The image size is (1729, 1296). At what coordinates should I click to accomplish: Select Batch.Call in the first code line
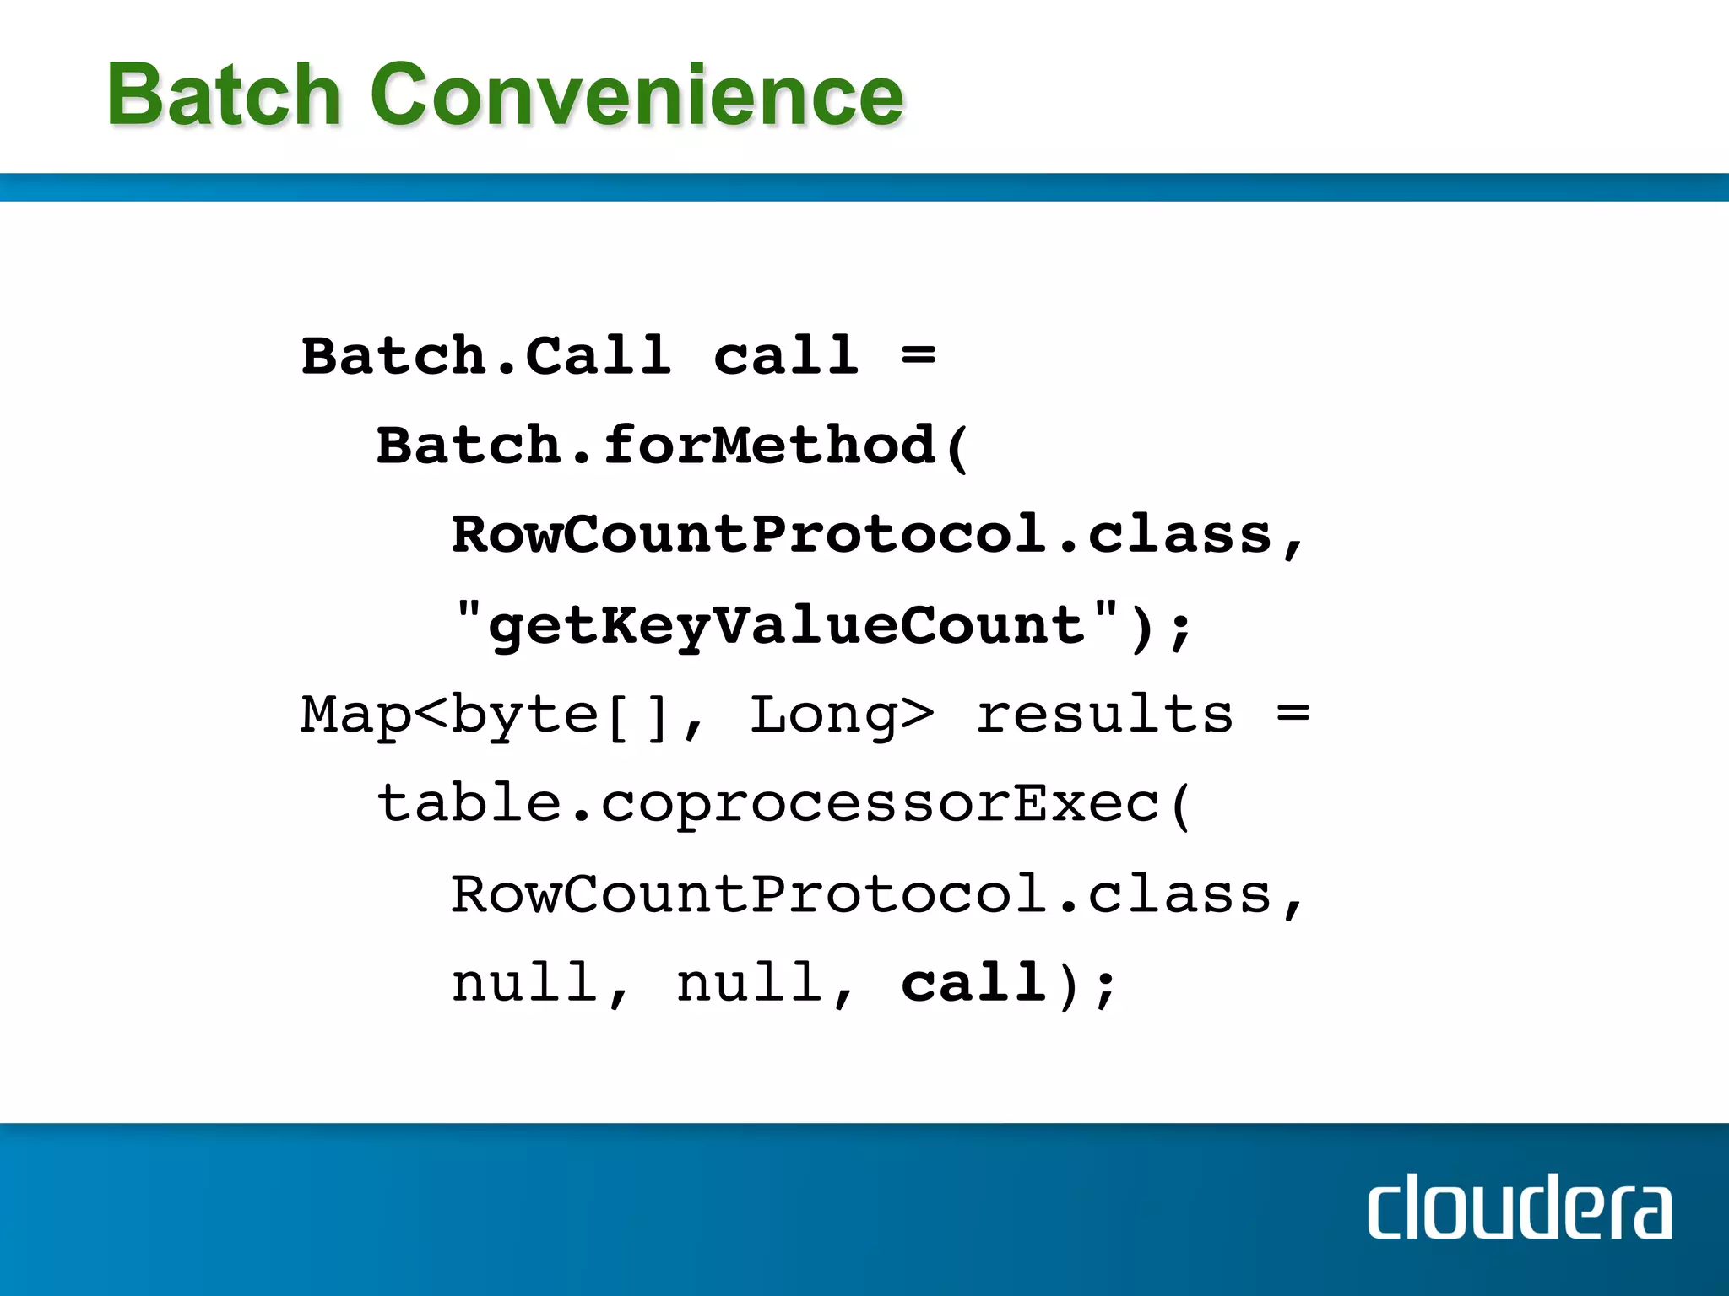[486, 355]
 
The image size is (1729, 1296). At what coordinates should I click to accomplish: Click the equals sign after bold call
[918, 355]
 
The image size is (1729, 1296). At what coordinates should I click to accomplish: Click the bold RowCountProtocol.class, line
[878, 535]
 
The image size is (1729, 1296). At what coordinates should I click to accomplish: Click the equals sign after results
[1293, 715]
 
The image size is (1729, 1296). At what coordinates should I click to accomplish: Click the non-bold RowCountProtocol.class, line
[878, 894]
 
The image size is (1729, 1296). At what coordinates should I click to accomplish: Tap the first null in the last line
[523, 983]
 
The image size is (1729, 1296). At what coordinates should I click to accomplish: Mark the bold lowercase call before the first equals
[786, 355]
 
